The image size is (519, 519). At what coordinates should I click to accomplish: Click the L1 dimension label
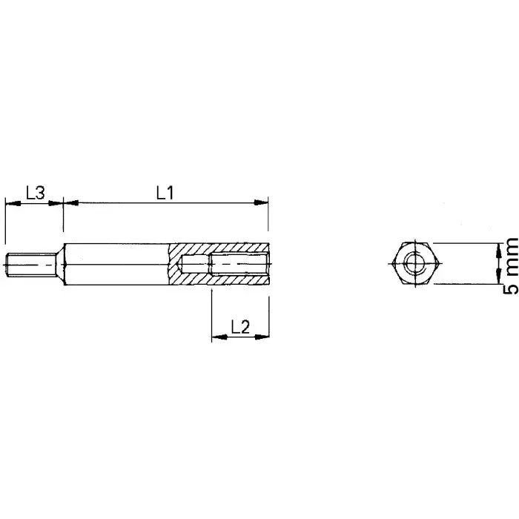[164, 192]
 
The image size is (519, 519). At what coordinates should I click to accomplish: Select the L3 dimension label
[35, 192]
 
